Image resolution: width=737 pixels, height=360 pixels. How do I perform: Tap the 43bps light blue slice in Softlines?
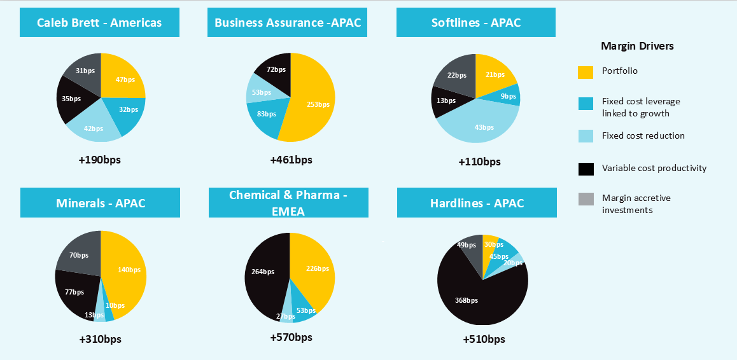(484, 124)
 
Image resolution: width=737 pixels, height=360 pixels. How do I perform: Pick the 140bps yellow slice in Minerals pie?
(127, 270)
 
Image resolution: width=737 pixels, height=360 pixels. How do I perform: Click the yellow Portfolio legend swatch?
(586, 72)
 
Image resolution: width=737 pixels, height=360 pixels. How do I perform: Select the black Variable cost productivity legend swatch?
(586, 169)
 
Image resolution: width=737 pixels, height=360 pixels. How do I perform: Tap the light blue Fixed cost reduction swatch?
(586, 135)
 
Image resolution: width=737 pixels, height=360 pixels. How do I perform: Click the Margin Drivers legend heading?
(637, 46)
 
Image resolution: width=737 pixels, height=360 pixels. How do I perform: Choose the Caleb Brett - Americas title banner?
(99, 23)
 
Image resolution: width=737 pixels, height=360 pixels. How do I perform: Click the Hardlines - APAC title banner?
(477, 204)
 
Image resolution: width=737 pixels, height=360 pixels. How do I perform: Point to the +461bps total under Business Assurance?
(291, 160)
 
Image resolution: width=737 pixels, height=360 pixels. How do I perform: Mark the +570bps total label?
(291, 337)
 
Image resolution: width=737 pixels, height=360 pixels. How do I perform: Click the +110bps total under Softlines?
(479, 162)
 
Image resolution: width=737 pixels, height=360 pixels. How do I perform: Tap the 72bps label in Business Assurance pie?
(276, 69)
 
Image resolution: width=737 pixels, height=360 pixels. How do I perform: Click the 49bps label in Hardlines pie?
(467, 245)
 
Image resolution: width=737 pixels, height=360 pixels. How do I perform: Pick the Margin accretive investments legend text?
(636, 204)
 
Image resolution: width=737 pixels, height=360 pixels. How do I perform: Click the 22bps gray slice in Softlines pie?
(457, 75)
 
